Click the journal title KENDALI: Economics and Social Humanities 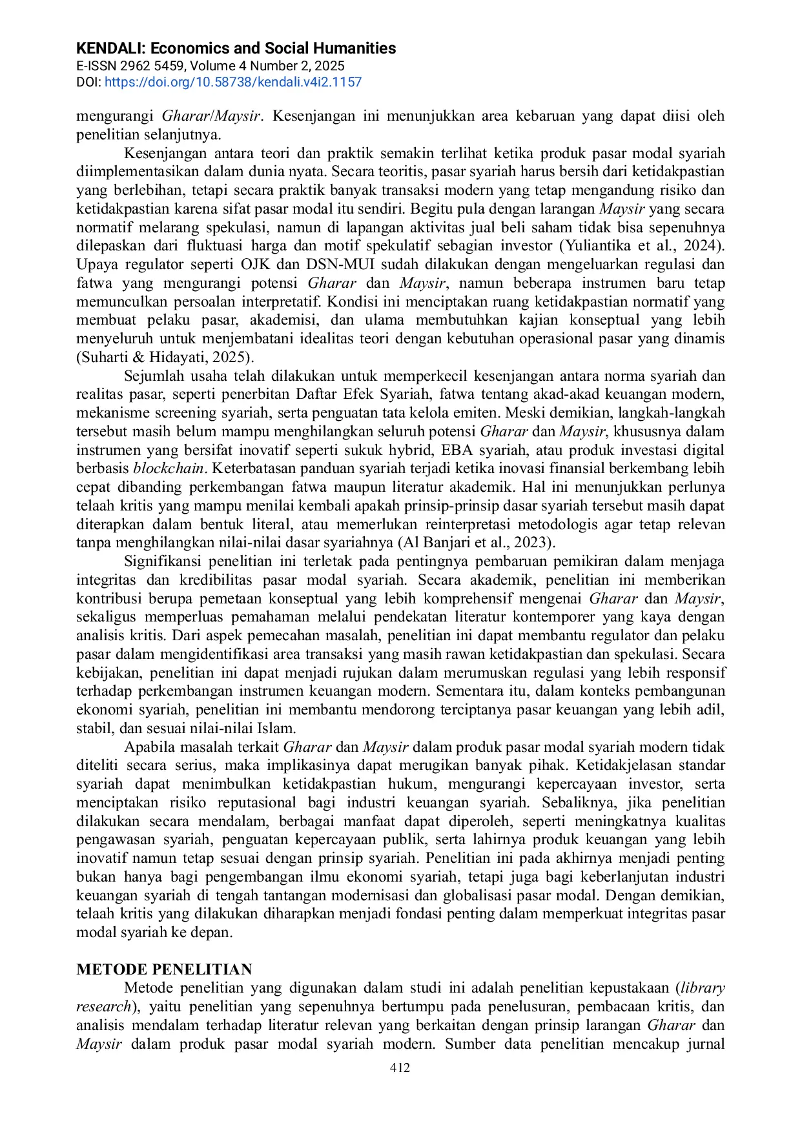click(x=236, y=48)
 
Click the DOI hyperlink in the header click(x=232, y=83)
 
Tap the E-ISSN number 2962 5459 click(x=152, y=66)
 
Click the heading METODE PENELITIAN click(x=164, y=969)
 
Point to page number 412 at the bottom click(x=400, y=1068)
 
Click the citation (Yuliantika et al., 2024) click(x=642, y=246)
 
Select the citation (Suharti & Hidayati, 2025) click(x=165, y=358)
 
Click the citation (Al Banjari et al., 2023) click(x=476, y=543)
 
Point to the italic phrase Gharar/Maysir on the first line click(x=211, y=116)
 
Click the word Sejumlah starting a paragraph click(x=153, y=376)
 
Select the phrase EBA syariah click(x=483, y=450)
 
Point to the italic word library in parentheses click(x=703, y=988)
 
